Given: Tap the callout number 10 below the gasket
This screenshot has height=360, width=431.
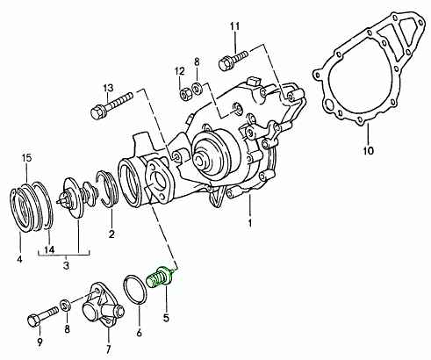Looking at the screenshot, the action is coord(369,151).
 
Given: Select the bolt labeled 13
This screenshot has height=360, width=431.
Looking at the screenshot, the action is coord(111,104).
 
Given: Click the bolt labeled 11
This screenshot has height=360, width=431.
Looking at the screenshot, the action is coord(233,60).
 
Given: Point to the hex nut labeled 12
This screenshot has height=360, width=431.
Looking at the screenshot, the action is coord(184,94).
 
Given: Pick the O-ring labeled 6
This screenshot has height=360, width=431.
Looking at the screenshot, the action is coord(135,289).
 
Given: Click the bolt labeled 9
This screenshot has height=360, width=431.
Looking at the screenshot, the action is coord(43,316).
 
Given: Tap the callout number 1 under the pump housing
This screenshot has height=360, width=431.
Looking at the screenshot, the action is coord(250,223).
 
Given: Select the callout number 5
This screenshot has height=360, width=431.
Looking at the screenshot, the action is coord(166,318).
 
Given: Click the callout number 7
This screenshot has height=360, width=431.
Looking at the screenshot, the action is coord(108,349).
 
